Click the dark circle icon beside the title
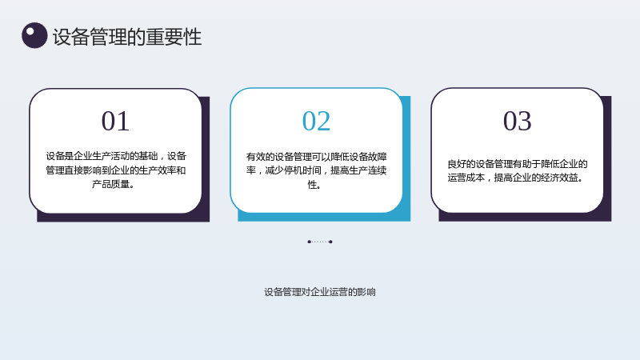point(34,35)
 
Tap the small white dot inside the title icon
point(30,31)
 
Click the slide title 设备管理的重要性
point(127,37)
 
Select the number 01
point(115,121)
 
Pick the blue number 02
point(316,121)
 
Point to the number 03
point(517,121)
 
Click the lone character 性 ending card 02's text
point(312,185)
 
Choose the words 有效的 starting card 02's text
point(260,157)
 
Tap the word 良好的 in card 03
point(462,164)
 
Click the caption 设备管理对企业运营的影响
point(319,292)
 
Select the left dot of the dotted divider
point(309,242)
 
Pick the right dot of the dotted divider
point(330,242)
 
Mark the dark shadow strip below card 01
point(122,218)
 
